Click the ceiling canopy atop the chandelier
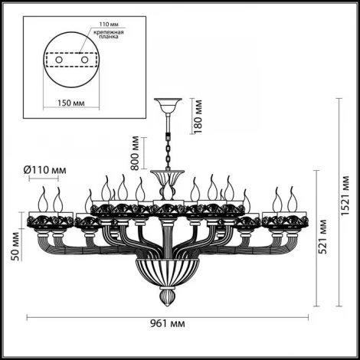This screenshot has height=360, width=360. coord(165,103)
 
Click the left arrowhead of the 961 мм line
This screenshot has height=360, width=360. coord(29,316)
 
